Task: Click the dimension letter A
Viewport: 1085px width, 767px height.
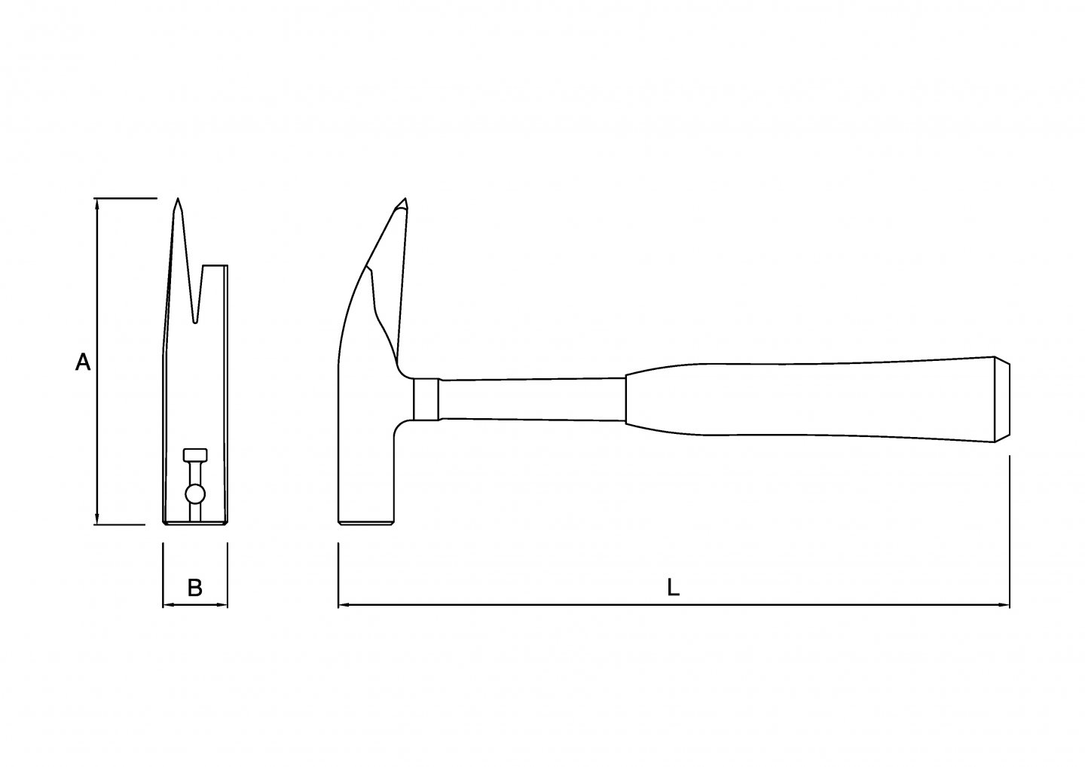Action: (83, 362)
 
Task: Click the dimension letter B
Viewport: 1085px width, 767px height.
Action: (194, 588)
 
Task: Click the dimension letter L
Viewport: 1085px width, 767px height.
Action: (674, 588)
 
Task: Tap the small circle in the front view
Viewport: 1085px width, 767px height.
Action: (195, 494)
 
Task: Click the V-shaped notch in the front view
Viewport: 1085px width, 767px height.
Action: (196, 320)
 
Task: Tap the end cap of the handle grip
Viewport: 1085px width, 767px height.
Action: (1002, 399)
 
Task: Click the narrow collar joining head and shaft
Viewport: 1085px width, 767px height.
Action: (426, 399)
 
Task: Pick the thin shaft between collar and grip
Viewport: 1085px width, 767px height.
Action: (532, 399)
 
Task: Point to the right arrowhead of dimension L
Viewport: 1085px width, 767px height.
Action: (1004, 604)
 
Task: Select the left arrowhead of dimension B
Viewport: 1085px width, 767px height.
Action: (167, 604)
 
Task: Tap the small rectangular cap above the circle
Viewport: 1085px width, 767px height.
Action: (195, 455)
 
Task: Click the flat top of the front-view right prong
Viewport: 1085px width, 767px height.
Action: (215, 265)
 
